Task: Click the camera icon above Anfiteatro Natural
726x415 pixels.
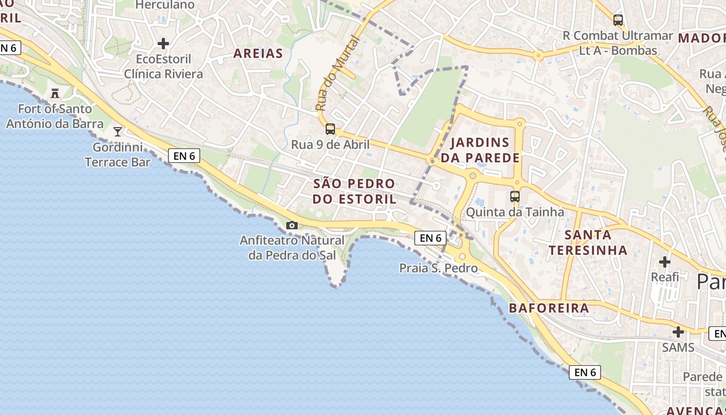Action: click(x=292, y=226)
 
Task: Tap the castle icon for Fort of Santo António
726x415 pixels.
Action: click(x=55, y=93)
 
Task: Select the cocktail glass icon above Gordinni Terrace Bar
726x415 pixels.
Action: click(x=118, y=132)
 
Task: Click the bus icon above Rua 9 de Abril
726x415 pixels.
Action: click(x=330, y=129)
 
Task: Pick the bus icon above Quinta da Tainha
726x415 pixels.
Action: click(x=515, y=197)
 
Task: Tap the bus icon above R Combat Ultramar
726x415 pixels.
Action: click(x=618, y=20)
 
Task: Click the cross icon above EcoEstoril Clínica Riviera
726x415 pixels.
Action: click(x=164, y=44)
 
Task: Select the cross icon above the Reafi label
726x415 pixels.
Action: click(x=665, y=262)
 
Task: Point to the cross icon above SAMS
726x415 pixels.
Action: click(x=678, y=332)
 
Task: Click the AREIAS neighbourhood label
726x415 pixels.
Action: click(x=258, y=53)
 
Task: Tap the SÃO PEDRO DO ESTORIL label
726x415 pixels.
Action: click(x=354, y=191)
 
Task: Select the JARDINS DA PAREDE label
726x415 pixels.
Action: click(x=480, y=150)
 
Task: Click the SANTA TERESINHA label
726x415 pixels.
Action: click(x=588, y=242)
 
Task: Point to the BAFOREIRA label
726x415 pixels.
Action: click(x=549, y=308)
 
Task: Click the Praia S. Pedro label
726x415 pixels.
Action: click(x=438, y=268)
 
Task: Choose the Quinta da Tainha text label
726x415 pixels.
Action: click(x=515, y=212)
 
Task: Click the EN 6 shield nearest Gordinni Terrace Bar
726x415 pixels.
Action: click(x=184, y=155)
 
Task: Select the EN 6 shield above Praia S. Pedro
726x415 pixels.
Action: click(x=430, y=238)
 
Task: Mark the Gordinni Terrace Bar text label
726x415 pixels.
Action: click(x=118, y=155)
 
